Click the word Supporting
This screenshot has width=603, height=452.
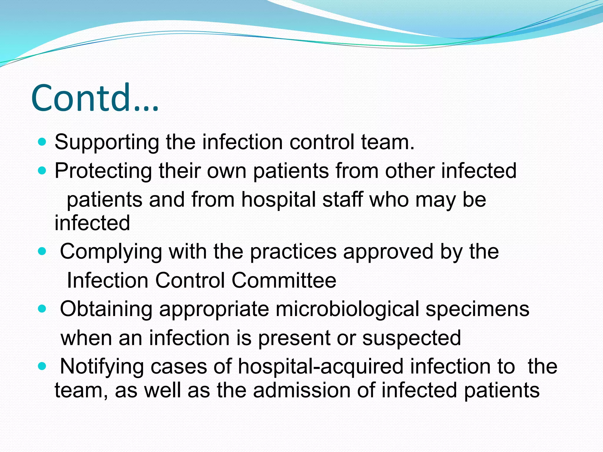(x=107, y=142)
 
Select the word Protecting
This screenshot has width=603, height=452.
(x=103, y=171)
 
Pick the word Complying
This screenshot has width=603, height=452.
(x=111, y=252)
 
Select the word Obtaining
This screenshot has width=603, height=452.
(x=106, y=309)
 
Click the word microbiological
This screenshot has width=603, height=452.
(x=347, y=309)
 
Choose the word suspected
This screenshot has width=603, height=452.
(x=412, y=338)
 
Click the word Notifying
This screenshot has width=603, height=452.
(x=102, y=367)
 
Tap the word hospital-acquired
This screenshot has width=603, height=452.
(x=320, y=367)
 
